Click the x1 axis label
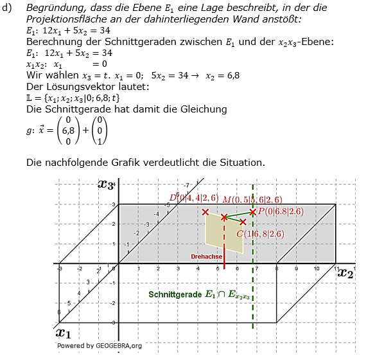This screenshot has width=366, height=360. (63, 332)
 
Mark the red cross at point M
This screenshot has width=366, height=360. (224, 217)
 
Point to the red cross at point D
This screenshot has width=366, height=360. (205, 212)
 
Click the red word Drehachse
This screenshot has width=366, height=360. (206, 256)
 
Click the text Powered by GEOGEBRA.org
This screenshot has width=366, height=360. (100, 345)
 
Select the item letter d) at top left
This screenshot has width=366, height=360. (8, 7)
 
